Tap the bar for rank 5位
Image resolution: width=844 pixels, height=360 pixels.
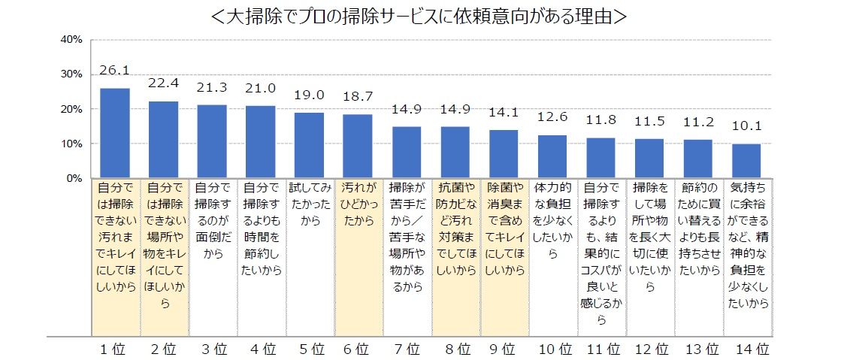[x=310, y=145]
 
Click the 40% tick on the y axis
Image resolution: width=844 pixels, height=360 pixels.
[x=71, y=39]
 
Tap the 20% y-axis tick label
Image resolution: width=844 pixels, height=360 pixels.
[x=71, y=109]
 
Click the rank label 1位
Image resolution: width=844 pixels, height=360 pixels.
[x=115, y=349]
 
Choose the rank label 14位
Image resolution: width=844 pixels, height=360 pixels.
[x=751, y=349]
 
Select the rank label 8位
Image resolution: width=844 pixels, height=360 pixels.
[x=455, y=349]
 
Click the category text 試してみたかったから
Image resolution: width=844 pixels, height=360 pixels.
[x=310, y=204]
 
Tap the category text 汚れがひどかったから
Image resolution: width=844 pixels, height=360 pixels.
[x=358, y=204]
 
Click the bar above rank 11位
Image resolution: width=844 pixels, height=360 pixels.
[x=600, y=158]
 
